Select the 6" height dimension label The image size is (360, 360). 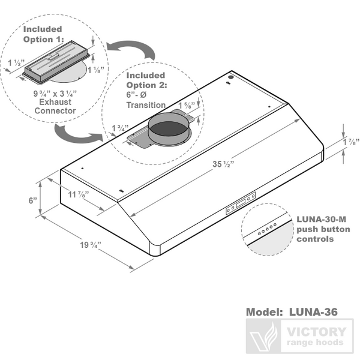tap(32, 201)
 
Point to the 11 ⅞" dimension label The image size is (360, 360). tap(76, 194)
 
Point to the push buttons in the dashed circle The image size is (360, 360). tap(266, 227)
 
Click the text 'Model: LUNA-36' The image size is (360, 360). tap(292, 313)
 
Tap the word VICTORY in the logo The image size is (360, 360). tap(316, 331)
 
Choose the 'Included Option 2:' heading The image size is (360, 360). tap(146, 80)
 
